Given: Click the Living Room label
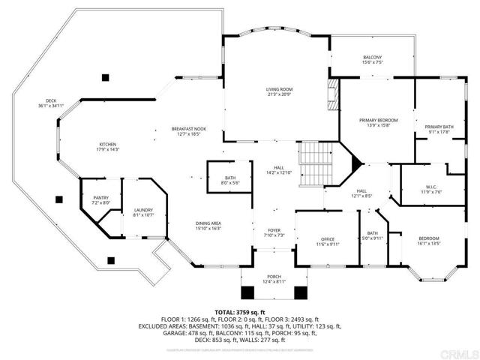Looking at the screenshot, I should point(278,89).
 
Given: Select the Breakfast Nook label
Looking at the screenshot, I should point(188,130).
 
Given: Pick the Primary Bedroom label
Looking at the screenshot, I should point(377,120).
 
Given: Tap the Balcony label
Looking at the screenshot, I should point(372,58).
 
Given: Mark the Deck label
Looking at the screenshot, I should point(51,100).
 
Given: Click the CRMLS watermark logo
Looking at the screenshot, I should point(458,352).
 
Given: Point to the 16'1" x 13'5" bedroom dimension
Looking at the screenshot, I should point(429,244).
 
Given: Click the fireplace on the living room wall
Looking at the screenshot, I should point(334,97).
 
